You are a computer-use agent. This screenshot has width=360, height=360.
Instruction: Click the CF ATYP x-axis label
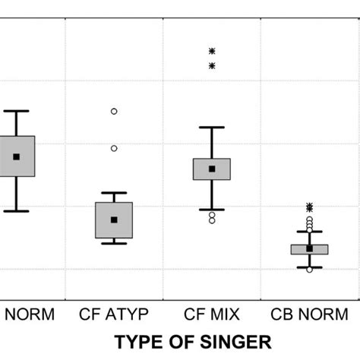point(114,314)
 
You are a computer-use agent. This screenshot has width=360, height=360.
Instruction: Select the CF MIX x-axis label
point(212,314)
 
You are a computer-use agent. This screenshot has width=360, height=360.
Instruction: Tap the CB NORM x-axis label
point(308,314)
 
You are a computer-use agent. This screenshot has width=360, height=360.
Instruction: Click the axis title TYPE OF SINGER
point(193,342)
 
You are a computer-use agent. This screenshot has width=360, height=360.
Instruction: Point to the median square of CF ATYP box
point(115,219)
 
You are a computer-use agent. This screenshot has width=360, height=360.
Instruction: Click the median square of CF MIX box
point(212,169)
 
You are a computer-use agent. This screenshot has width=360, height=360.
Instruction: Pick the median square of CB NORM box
point(309,248)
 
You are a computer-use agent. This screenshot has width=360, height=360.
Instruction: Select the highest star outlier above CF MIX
point(212,51)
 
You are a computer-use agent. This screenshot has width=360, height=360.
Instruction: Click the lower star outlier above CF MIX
point(212,66)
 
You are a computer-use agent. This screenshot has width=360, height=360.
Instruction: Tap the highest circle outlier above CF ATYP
point(114,111)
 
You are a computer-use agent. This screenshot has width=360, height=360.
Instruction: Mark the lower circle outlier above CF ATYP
point(114,148)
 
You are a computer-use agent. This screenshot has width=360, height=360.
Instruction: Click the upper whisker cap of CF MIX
point(212,128)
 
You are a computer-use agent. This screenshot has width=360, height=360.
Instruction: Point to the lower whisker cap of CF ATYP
point(114,243)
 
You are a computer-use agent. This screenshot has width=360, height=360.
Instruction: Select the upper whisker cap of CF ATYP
point(114,193)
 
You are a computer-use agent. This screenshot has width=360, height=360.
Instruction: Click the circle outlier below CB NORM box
point(309,270)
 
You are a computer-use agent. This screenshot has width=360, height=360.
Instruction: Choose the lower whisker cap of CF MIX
point(212,209)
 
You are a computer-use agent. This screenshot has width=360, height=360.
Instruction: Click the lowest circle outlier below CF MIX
point(212,220)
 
